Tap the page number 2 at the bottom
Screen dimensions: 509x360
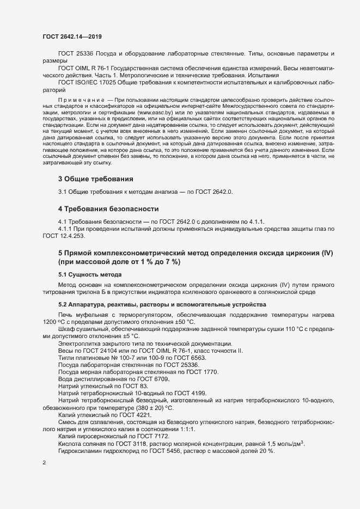44,463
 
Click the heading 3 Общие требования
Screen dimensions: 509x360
95,179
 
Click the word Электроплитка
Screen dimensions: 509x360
80,343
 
